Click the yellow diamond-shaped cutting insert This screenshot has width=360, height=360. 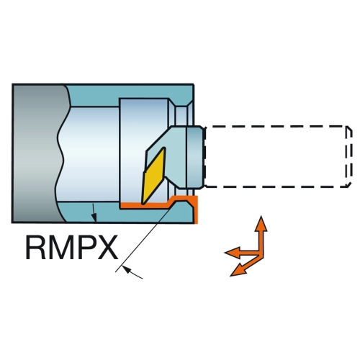(154, 176)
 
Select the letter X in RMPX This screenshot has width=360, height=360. (107, 247)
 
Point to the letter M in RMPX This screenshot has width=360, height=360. (60, 247)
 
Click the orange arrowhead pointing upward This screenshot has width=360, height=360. (261, 224)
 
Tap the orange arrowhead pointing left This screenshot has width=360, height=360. (232, 253)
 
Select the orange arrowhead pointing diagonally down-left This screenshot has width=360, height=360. (238, 270)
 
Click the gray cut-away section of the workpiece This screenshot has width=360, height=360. (37, 153)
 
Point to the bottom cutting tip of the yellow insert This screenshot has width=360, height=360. (143, 204)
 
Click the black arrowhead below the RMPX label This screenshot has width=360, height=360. (127, 269)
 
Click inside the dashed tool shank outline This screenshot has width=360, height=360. (276, 156)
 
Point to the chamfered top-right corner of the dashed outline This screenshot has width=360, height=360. (349, 128)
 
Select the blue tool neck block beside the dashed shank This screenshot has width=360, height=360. (194, 156)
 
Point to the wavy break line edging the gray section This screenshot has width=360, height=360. (63, 153)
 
